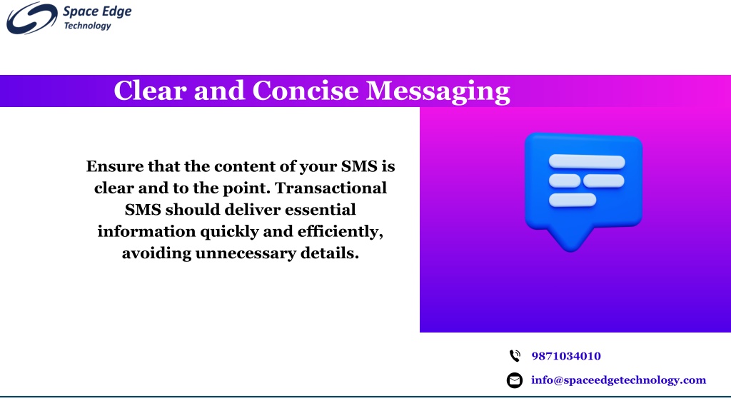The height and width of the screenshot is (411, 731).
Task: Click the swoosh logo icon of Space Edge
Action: pyautogui.click(x=31, y=18)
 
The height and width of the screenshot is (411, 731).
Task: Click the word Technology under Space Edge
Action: pyautogui.click(x=88, y=26)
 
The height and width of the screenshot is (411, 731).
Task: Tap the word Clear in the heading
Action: pyautogui.click(x=150, y=91)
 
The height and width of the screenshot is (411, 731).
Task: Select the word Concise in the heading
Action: pyautogui.click(x=306, y=91)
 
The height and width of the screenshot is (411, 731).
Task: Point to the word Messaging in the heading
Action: pyautogui.click(x=438, y=91)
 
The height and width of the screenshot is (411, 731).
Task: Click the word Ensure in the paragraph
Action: pyautogui.click(x=115, y=166)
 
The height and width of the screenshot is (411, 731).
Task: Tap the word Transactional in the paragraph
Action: pyautogui.click(x=331, y=188)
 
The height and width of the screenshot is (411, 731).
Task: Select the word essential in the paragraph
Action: pyautogui.click(x=321, y=210)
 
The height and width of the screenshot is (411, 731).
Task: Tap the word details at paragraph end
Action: pyautogui.click(x=330, y=253)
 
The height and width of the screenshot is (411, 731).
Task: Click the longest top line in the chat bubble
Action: pyautogui.click(x=587, y=162)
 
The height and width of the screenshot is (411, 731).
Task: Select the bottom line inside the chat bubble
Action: pyautogui.click(x=572, y=200)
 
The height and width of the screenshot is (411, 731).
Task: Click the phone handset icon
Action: pyautogui.click(x=515, y=356)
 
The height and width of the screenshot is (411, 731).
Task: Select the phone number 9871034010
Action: pyautogui.click(x=566, y=356)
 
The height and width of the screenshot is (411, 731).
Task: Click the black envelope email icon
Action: pyautogui.click(x=515, y=380)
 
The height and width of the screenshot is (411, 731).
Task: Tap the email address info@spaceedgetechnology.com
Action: pyautogui.click(x=619, y=380)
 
